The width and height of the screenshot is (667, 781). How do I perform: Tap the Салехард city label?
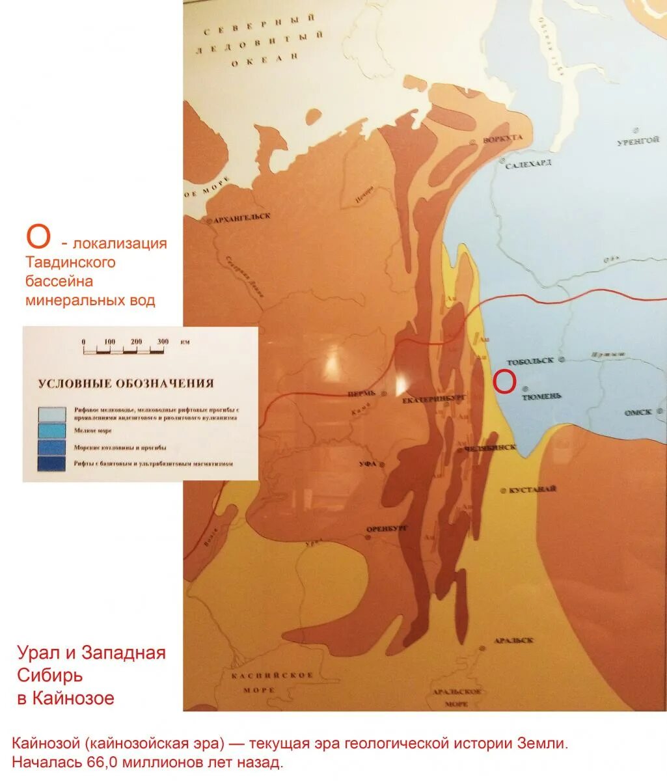pyautogui.click(x=528, y=163)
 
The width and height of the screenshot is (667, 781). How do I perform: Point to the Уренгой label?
pyautogui.click(x=638, y=140)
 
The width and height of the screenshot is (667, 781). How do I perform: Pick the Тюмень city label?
pyautogui.click(x=541, y=396)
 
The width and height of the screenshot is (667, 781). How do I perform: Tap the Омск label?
pyautogui.click(x=638, y=413)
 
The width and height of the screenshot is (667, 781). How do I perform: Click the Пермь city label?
pyautogui.click(x=362, y=393)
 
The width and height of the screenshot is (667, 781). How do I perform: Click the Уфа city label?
pyautogui.click(x=368, y=464)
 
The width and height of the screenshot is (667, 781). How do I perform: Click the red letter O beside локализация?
pyautogui.click(x=38, y=238)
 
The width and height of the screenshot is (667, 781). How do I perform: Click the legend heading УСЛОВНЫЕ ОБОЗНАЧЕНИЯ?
pyautogui.click(x=126, y=383)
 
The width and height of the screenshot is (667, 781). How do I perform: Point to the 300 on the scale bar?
pyautogui.click(x=163, y=342)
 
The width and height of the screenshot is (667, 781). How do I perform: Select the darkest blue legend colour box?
pyautogui.click(x=52, y=463)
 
